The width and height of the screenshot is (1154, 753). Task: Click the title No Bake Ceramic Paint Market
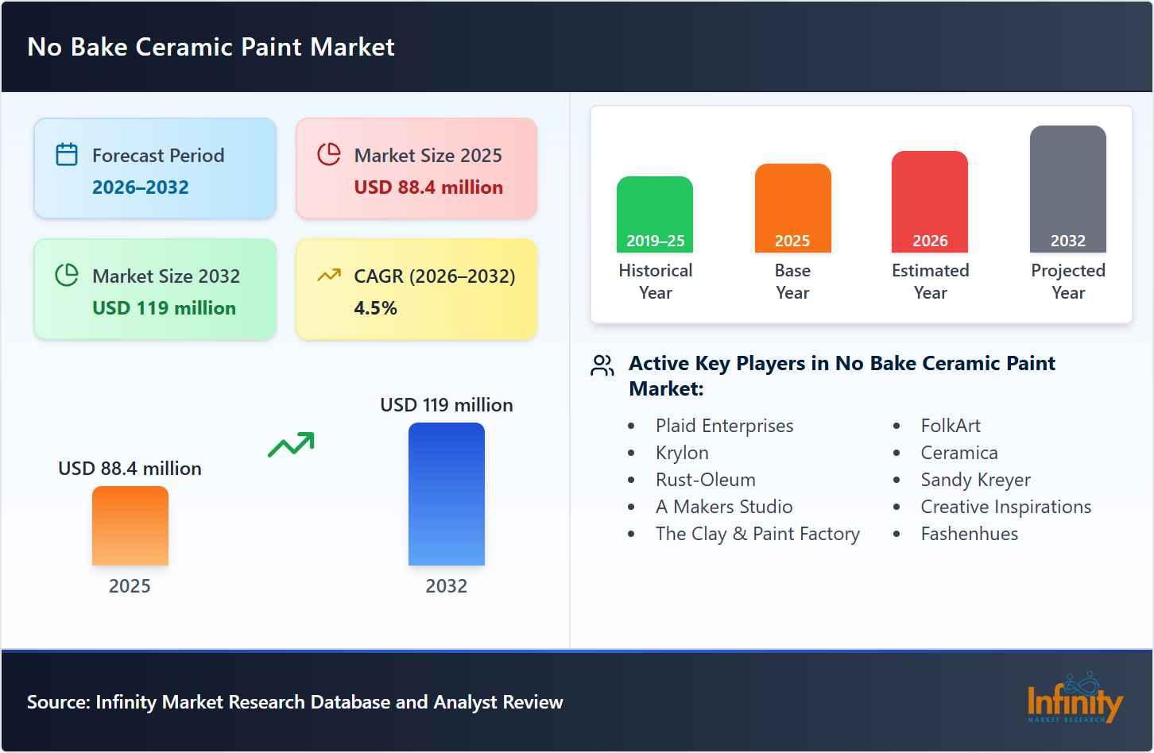tap(211, 47)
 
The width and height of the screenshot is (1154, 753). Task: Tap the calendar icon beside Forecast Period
tap(67, 154)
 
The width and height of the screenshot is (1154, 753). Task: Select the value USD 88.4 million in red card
tap(428, 187)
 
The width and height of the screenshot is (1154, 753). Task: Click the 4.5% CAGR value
tap(375, 308)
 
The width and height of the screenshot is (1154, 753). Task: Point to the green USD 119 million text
tap(164, 308)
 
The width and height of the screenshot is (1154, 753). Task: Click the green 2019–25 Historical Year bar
tap(655, 214)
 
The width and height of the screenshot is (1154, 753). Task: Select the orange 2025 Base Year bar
tap(792, 208)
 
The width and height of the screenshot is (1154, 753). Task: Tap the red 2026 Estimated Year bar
tap(930, 202)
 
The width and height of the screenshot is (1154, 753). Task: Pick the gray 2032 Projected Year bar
tap(1067, 189)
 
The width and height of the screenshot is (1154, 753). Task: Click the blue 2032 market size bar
tap(446, 494)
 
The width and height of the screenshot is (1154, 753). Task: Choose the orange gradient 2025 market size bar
tap(130, 526)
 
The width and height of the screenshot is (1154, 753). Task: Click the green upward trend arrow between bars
tap(291, 445)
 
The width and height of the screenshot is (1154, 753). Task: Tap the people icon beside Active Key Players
tap(602, 365)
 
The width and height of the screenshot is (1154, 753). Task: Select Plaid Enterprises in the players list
tap(724, 426)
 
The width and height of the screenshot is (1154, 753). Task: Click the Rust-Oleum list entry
tap(705, 480)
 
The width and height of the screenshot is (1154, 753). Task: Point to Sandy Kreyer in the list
tap(975, 480)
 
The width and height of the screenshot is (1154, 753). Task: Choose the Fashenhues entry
tap(969, 534)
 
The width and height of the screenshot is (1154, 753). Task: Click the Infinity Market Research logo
tap(1074, 698)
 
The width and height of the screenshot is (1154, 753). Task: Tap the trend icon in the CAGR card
tap(328, 276)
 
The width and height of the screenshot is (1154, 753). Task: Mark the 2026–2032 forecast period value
tap(141, 187)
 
